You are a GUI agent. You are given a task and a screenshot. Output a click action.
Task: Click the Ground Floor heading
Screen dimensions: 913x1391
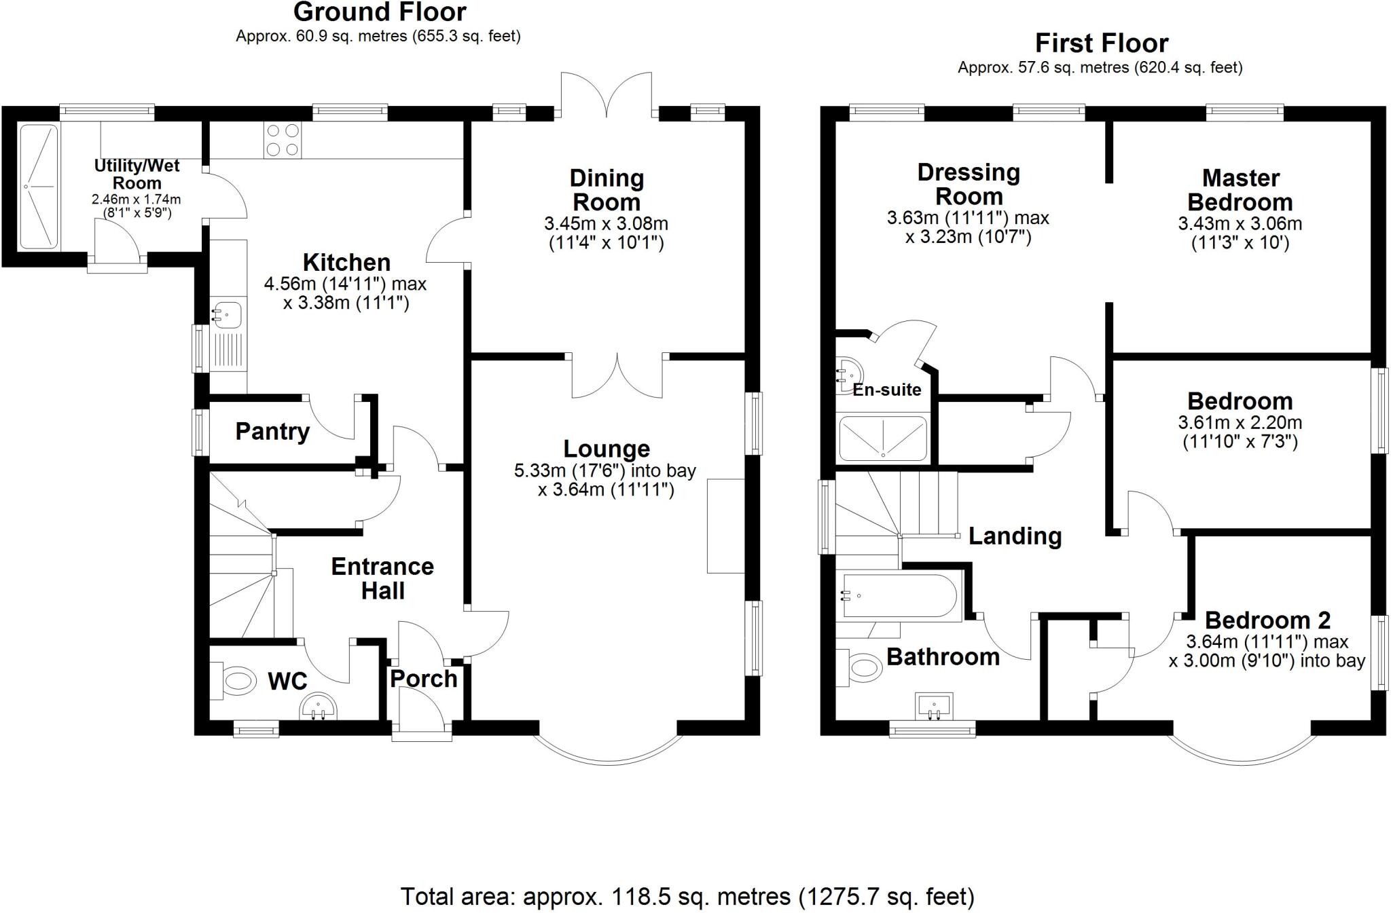pos(380,12)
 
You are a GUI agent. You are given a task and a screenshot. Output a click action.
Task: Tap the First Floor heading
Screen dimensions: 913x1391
pos(1101,43)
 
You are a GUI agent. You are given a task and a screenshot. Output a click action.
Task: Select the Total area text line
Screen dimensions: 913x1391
pos(687,897)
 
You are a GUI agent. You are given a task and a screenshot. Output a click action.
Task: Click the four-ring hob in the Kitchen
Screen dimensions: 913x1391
pos(283,140)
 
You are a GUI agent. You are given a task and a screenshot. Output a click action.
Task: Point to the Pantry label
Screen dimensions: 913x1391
pos(272,432)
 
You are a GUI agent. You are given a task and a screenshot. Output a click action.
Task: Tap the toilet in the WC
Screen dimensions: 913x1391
pos(236,679)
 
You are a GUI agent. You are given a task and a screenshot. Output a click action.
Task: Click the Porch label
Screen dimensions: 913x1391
pos(424,679)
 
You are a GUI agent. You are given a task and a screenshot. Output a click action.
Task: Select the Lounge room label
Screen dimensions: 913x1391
pos(607,449)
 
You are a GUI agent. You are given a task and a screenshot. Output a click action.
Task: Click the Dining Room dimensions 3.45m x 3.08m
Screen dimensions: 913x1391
pos(606,223)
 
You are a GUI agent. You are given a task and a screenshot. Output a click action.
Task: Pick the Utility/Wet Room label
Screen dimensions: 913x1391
pos(137,174)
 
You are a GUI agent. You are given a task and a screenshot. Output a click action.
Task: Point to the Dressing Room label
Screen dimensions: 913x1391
pos(969,184)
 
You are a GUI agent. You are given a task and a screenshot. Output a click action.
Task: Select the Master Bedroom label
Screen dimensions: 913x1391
pos(1240,190)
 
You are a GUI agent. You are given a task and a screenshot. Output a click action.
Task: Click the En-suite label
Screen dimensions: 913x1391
pos(887,390)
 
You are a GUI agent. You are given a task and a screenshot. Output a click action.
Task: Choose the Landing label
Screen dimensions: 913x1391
pos(1015,536)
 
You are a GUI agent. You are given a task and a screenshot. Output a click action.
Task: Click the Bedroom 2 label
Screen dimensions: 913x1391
pos(1267,620)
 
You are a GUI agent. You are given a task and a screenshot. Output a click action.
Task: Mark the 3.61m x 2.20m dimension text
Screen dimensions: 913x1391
pos(1240,423)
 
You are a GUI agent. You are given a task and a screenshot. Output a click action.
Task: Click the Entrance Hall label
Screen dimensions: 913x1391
pos(382,578)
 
